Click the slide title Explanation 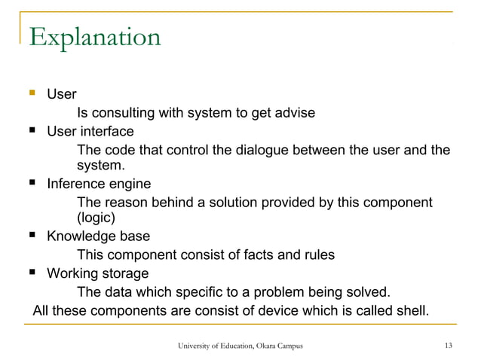pos(94,36)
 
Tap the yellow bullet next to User pos(32,96)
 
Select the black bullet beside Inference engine pos(32,185)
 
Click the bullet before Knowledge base pos(32,237)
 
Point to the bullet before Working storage pos(32,273)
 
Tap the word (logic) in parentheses pos(97,219)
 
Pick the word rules pos(317,255)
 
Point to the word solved pos(369,291)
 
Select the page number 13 pos(449,346)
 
